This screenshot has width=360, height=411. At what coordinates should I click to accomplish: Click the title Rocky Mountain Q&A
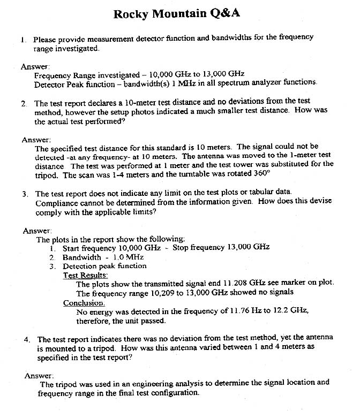pyautogui.click(x=179, y=14)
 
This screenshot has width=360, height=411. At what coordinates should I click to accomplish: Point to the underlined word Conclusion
pyautogui.click(x=84, y=302)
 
